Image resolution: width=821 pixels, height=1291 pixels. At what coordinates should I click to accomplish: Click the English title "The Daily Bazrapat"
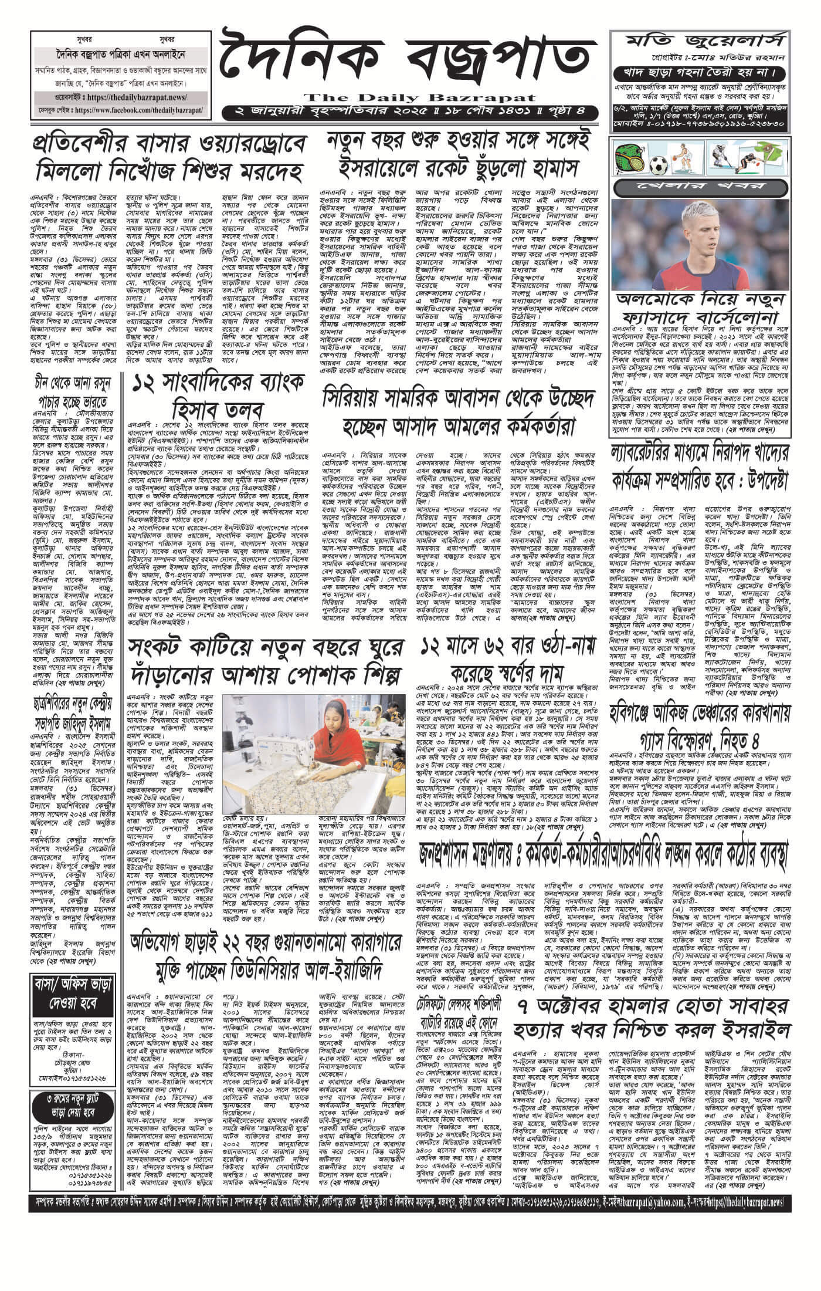click(409, 97)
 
